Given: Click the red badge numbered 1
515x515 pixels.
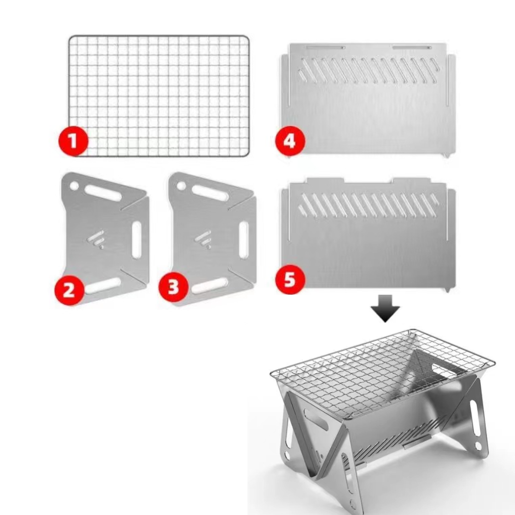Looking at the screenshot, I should pyautogui.click(x=73, y=141).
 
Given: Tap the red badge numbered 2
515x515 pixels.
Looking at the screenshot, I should pyautogui.click(x=69, y=290).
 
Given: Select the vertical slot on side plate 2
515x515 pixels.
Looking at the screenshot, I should pyautogui.click(x=136, y=240).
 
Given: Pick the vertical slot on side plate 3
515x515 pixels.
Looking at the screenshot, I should pyautogui.click(x=244, y=240).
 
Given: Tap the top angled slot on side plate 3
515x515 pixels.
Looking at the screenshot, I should pyautogui.click(x=209, y=193).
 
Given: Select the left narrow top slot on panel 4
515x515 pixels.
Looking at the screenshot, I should pyautogui.click(x=325, y=48).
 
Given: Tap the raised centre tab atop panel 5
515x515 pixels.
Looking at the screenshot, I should pyautogui.click(x=367, y=181).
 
